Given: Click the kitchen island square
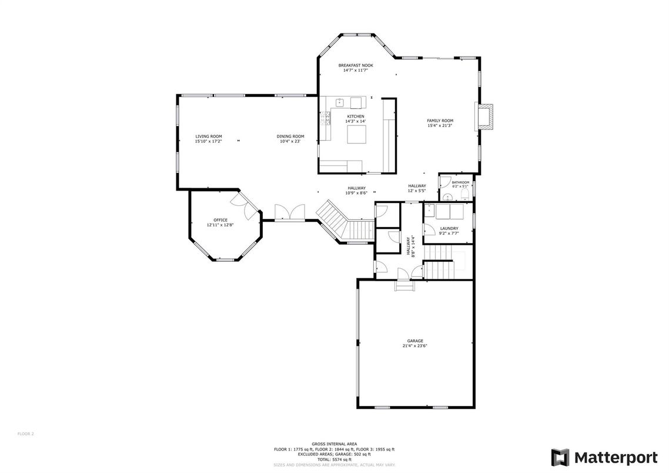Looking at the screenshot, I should point(356,135).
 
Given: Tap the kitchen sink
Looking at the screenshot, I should point(339,103).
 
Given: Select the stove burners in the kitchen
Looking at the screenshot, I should point(323,120).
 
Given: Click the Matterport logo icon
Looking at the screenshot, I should point(560,457).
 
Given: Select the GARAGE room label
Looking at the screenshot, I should point(414,341).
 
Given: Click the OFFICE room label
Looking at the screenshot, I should point(220,220).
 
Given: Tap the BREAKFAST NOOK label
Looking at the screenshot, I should point(355,65).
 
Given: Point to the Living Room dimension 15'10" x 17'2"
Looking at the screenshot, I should point(208,141).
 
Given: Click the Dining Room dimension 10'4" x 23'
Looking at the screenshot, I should point(290,141).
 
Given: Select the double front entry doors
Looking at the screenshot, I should point(290,212).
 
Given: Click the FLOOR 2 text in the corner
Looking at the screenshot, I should point(25,434).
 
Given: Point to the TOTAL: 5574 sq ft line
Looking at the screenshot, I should point(334,459).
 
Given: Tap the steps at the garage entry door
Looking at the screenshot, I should point(405,286).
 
